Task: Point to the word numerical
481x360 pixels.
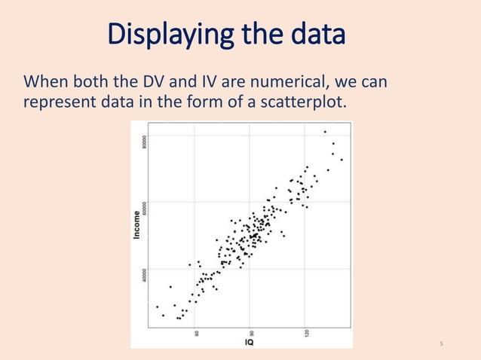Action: (283, 80)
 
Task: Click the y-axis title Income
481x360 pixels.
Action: (137, 224)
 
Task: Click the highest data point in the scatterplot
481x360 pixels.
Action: (325, 132)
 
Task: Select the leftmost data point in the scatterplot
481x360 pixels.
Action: (157, 307)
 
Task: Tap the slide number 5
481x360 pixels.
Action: (440, 344)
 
